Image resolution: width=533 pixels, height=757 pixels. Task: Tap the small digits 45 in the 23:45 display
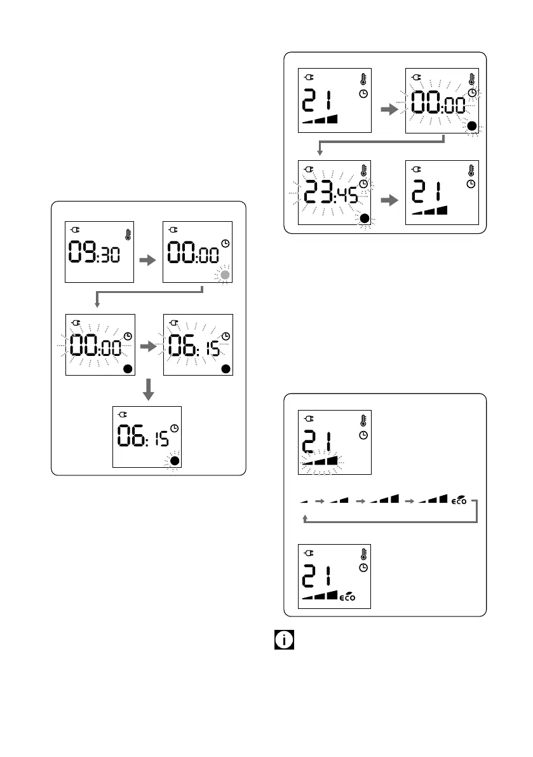(x=347, y=194)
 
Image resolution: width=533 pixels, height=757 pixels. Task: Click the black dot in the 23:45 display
(x=365, y=219)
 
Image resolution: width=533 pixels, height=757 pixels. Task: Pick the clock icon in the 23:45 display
(x=364, y=184)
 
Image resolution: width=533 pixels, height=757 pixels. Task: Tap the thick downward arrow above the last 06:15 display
(x=148, y=388)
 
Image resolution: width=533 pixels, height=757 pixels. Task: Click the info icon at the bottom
(x=284, y=639)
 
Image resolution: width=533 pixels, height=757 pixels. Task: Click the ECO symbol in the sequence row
(x=458, y=500)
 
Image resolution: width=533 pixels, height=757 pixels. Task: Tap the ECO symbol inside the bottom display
(x=347, y=597)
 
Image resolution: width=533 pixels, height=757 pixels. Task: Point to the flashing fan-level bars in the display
(x=320, y=460)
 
